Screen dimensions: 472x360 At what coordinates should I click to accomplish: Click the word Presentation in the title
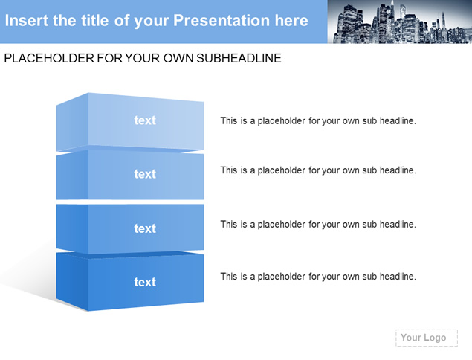[x=222, y=21]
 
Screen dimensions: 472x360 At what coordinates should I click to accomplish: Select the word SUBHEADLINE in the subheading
[x=239, y=58]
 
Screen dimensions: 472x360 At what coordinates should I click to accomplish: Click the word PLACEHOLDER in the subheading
[x=49, y=58]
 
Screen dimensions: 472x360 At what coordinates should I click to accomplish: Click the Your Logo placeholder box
[x=427, y=338]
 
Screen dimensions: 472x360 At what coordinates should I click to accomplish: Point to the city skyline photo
[x=400, y=22]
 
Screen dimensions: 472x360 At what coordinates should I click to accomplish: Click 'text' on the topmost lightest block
[x=145, y=120]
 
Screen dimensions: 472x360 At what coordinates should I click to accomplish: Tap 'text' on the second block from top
[x=145, y=174]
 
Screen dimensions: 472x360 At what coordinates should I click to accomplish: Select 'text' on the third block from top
[x=145, y=228]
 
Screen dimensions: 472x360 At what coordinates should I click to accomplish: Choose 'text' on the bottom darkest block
[x=145, y=283]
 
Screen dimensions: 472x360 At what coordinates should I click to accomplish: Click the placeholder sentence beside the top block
[x=318, y=121]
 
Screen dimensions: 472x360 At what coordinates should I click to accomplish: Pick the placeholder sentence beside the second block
[x=318, y=170]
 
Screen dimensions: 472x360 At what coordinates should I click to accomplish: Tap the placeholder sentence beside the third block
[x=318, y=225]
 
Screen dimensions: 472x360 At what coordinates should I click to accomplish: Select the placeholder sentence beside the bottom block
[x=318, y=277]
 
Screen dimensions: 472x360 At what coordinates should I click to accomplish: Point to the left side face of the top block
[x=72, y=122]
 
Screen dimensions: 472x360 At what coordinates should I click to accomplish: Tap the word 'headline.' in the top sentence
[x=398, y=120]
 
